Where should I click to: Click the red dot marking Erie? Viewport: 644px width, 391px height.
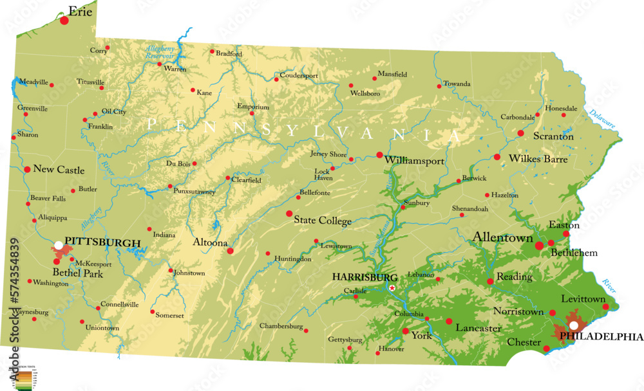click(64, 21)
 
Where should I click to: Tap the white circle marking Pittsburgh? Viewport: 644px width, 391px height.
click(59, 245)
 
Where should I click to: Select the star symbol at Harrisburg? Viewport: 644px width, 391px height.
click(392, 287)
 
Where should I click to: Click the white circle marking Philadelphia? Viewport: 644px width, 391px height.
click(573, 325)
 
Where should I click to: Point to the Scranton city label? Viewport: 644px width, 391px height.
click(553, 136)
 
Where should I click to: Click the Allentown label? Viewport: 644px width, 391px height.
click(503, 237)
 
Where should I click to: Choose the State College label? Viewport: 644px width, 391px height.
click(323, 221)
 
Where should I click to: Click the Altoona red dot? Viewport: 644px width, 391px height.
click(231, 251)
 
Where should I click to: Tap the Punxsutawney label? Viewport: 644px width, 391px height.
click(194, 191)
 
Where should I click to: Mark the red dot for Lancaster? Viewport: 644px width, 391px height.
click(449, 321)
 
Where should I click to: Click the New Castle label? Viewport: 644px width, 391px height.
click(59, 170)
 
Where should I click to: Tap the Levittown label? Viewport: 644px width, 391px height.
click(583, 299)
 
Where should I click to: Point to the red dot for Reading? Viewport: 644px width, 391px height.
click(490, 281)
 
